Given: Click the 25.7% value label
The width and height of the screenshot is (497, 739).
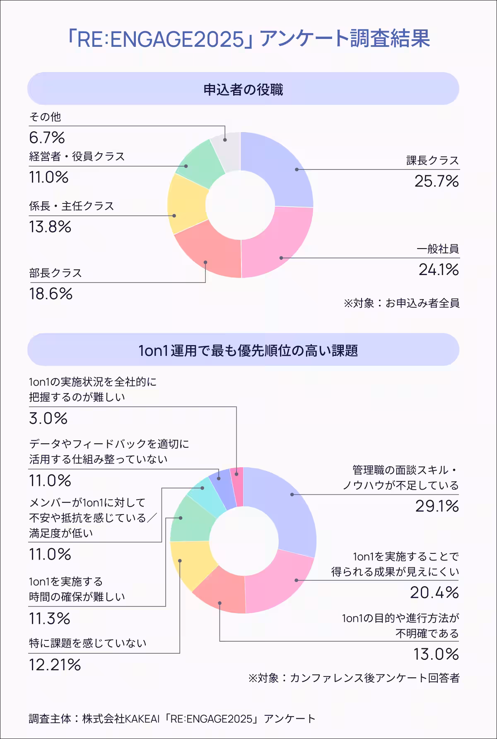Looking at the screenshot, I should [437, 181].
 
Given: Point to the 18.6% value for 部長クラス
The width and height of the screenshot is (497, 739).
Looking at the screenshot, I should [51, 294].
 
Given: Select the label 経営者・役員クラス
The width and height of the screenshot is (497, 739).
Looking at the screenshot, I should [77, 157].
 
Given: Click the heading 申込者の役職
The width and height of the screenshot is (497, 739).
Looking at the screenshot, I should [243, 89].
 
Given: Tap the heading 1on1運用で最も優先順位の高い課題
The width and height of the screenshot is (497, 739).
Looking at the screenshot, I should [248, 351].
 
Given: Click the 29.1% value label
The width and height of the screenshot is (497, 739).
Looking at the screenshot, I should [437, 506].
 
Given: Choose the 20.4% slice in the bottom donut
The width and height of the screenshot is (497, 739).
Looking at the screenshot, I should [282, 584].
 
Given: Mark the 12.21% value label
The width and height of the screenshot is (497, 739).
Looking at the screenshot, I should [55, 665].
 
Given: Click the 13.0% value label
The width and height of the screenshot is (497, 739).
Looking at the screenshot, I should [436, 654].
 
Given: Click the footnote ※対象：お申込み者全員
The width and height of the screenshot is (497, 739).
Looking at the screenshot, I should [401, 303].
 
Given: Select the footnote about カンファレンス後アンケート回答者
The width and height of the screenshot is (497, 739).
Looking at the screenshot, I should [354, 678].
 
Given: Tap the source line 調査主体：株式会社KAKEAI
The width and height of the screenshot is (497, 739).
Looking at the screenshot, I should [172, 719].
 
